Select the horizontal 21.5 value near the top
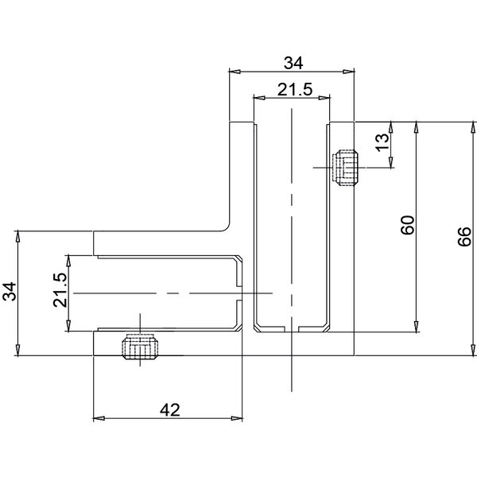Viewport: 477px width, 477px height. click(294, 90)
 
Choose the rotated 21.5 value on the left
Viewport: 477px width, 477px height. click(58, 292)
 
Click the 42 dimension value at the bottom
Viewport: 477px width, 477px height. click(169, 409)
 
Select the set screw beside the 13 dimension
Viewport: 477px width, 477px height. click(347, 168)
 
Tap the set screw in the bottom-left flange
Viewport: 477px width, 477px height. click(139, 347)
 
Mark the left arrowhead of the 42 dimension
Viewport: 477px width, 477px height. click(99, 417)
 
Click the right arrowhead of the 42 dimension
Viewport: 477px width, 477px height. click(238, 417)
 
